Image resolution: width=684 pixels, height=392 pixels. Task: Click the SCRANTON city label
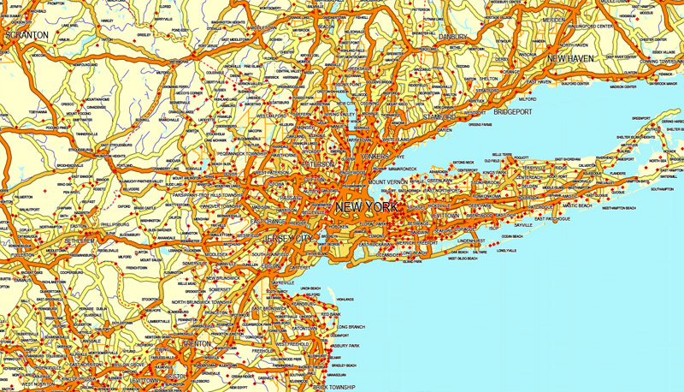click(27, 35)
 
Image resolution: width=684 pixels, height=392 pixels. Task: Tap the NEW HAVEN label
click(570, 58)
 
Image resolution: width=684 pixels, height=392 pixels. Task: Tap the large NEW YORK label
click(366, 207)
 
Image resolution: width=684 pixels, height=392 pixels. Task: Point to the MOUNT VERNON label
click(389, 182)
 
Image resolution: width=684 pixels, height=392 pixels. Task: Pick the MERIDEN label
click(552, 19)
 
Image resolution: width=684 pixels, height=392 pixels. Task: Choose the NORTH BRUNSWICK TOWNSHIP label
click(203, 302)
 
